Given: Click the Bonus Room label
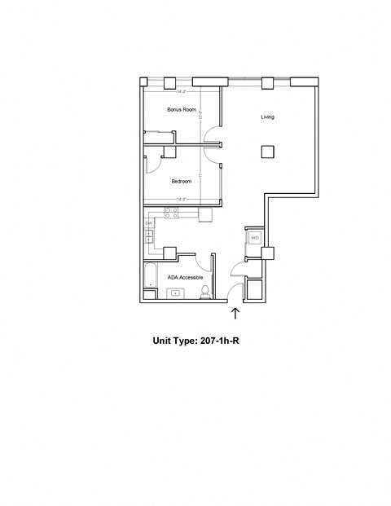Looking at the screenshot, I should pos(182,109).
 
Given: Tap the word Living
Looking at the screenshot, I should pos(267,117).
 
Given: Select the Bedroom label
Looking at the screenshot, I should pos(181,181).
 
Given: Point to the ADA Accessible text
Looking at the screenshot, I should pos(185,277).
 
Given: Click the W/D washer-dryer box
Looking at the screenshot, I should pos(254,238).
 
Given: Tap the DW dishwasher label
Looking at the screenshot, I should pos(149,223).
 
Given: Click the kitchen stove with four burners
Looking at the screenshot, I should pos(172,213).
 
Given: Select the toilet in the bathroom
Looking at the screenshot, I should pos(208,292).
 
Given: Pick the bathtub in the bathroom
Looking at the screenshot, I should pos(149,277).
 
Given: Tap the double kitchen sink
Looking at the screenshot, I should pos(150,237).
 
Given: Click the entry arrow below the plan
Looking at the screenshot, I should pos(236,314).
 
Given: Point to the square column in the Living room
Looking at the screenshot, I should pos(267,151).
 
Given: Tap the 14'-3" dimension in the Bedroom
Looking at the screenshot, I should pos(181,199).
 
